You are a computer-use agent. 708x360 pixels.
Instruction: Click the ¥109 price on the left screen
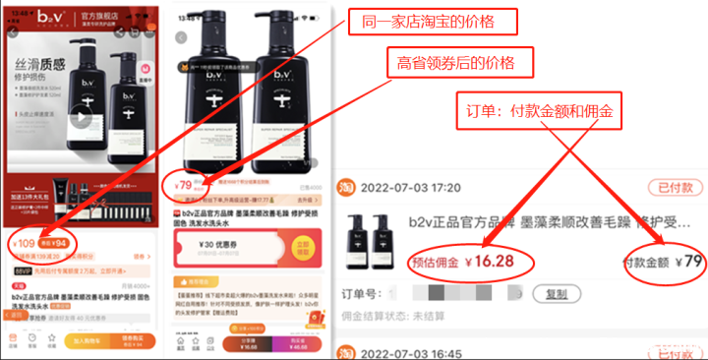(23, 243)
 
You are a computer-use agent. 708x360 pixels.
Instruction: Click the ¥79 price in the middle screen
(184, 183)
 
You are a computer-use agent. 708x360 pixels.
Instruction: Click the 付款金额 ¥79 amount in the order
(665, 263)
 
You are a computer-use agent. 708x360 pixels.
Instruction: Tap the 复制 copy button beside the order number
(557, 294)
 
